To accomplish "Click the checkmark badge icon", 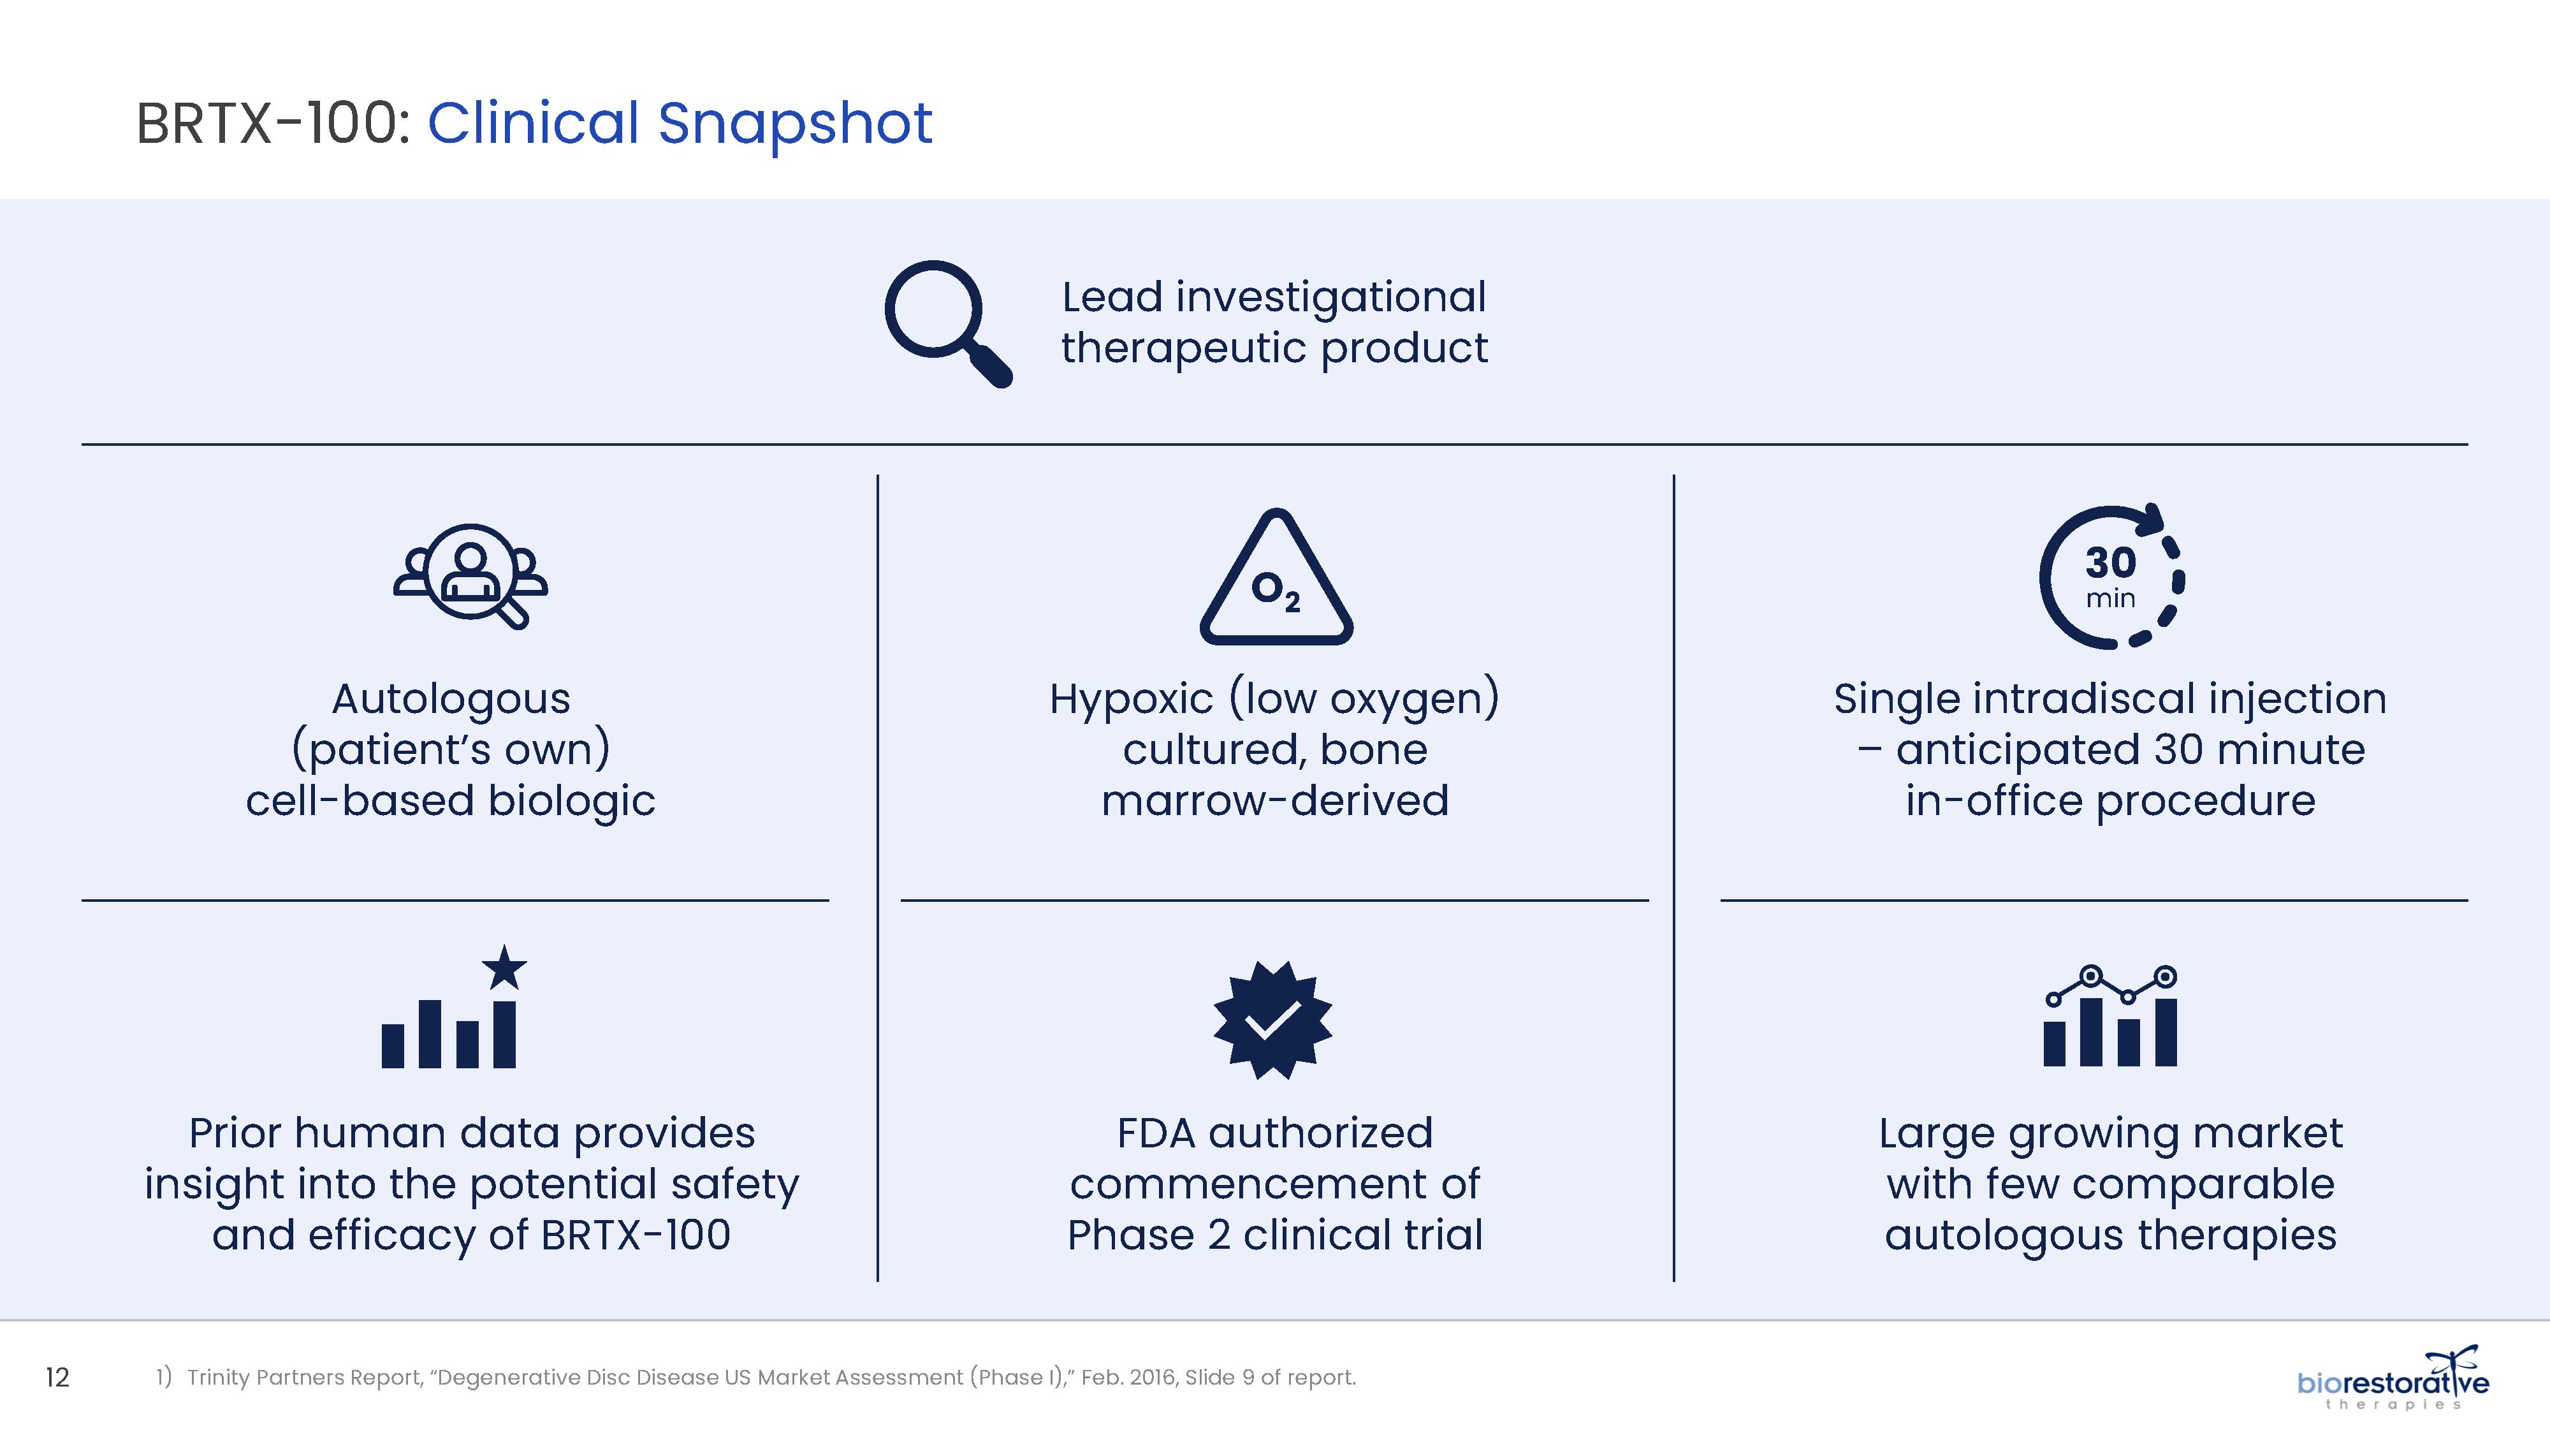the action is point(1273,1020).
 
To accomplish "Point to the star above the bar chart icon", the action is point(505,968).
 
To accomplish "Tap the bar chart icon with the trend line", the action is point(2109,1016).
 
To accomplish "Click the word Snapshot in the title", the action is point(795,123).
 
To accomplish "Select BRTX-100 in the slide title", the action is point(266,124).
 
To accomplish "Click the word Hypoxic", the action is point(1132,699).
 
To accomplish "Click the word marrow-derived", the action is point(1275,800).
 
